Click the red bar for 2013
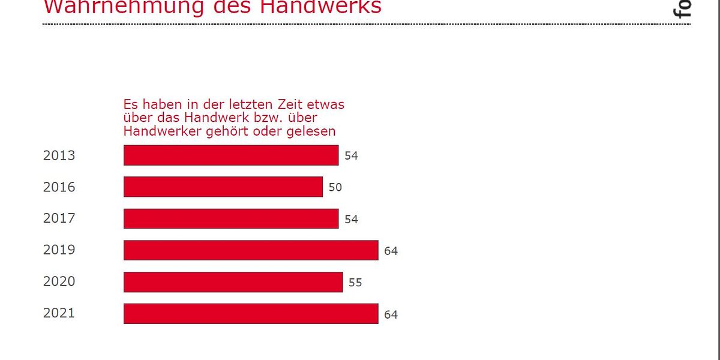click(231, 155)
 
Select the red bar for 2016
click(223, 187)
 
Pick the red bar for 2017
click(231, 218)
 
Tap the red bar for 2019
click(251, 250)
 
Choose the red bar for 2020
click(233, 282)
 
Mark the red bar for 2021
click(251, 314)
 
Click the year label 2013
click(59, 155)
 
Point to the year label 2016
click(59, 187)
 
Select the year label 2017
click(59, 218)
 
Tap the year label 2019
click(59, 250)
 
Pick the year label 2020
click(59, 281)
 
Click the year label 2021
click(59, 313)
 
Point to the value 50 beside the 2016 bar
click(335, 187)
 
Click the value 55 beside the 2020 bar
click(355, 282)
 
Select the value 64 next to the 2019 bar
click(391, 251)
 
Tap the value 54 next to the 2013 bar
click(351, 156)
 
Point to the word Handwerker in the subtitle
click(157, 131)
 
